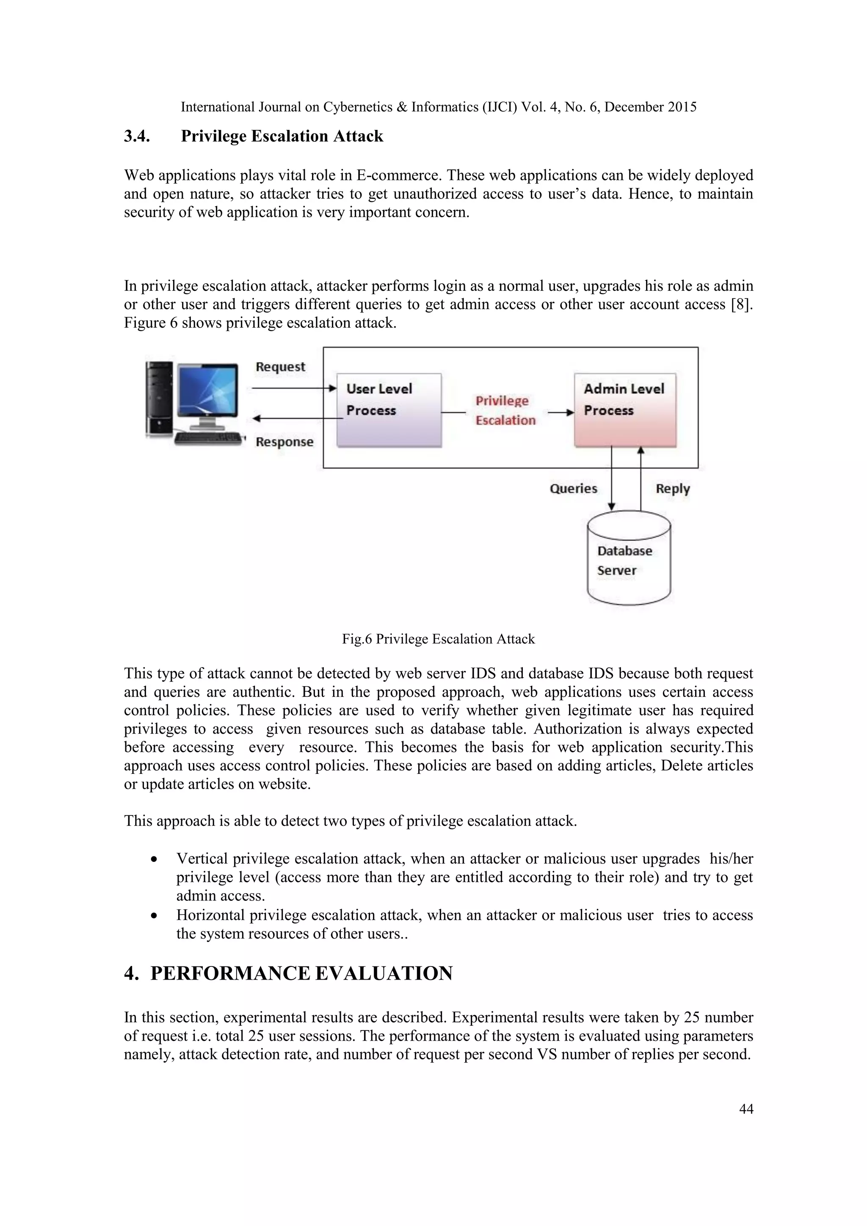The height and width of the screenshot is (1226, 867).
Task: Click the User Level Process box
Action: pos(389,410)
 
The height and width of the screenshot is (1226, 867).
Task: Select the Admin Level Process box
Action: pos(624,410)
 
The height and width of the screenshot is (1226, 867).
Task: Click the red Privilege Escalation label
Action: pos(505,411)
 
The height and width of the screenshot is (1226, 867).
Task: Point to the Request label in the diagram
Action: pos(280,367)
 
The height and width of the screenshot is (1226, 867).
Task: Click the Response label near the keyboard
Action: pos(284,442)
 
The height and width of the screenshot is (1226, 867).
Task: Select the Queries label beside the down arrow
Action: pos(573,489)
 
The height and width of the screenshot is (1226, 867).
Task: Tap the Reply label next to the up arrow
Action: pos(673,489)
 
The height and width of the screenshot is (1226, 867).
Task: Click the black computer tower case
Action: pos(159,398)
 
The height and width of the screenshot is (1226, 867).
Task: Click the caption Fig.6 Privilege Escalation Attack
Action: pos(438,639)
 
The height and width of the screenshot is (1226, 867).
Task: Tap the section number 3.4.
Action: pos(137,136)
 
